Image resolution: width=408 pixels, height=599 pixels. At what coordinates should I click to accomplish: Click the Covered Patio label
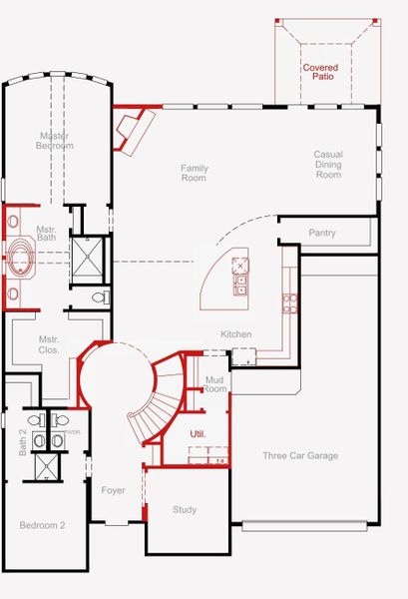click(x=321, y=72)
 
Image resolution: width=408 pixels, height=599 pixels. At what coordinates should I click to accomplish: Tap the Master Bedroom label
click(x=56, y=141)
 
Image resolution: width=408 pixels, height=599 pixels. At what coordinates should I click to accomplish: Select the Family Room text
click(x=194, y=174)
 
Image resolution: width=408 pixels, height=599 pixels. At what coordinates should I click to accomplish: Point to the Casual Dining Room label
click(x=327, y=165)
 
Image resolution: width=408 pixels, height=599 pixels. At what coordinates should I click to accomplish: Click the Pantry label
click(x=322, y=234)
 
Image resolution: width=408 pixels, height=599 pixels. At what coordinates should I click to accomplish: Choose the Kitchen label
click(x=236, y=334)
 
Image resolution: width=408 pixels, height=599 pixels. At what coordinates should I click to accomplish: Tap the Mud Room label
click(x=215, y=384)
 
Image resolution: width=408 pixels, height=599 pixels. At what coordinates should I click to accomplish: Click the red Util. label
click(x=198, y=433)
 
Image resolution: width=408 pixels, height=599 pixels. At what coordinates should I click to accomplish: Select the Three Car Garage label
click(x=300, y=456)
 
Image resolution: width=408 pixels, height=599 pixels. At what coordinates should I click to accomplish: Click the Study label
click(x=185, y=510)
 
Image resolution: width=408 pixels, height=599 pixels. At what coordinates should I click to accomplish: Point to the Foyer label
click(x=113, y=490)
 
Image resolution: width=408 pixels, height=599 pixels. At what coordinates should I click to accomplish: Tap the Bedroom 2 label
click(x=42, y=525)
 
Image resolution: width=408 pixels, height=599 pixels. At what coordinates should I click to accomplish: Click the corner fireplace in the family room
click(x=131, y=131)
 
